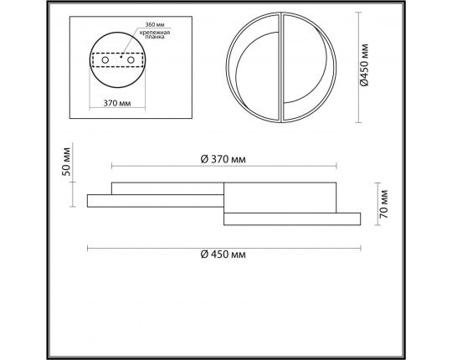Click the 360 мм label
[155, 24]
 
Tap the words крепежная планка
[155, 34]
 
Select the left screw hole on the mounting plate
[105, 60]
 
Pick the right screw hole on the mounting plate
[131, 60]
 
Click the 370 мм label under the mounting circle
[117, 103]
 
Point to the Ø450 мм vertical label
[364, 64]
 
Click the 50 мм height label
[66, 162]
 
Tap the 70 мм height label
[384, 203]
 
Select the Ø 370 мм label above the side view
[223, 159]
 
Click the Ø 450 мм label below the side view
[223, 255]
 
